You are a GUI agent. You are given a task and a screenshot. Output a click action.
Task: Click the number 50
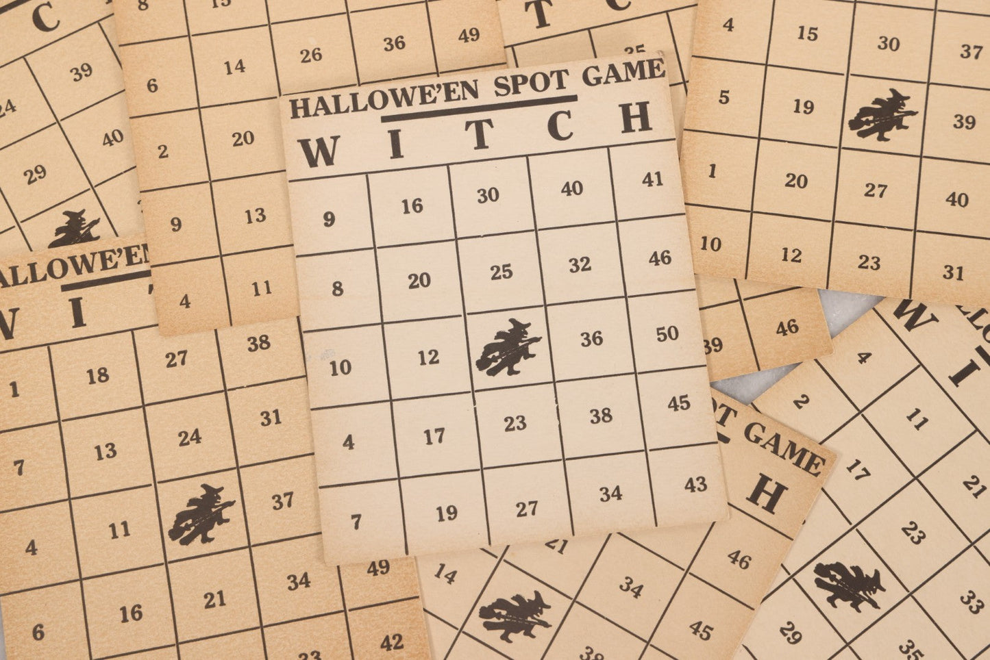coord(666,334)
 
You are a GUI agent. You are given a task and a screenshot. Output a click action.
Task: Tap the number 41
coord(652,179)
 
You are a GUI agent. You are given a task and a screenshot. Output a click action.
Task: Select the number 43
coord(695,485)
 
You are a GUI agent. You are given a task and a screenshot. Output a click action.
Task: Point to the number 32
coord(580,264)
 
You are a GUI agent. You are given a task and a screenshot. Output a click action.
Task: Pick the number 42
coord(391,642)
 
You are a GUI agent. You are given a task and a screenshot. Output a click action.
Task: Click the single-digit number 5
coord(724,97)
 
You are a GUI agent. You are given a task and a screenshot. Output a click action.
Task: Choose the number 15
coord(807,33)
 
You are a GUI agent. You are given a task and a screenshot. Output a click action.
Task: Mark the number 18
coord(97,375)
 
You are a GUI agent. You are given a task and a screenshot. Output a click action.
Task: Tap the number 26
coord(310,55)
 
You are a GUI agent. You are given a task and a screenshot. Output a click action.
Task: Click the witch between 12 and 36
coord(508,346)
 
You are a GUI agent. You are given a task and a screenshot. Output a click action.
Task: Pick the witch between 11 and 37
coord(201,513)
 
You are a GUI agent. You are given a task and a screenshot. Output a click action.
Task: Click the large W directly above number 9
coord(319,151)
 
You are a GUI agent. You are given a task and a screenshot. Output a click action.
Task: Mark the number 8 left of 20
coord(337,288)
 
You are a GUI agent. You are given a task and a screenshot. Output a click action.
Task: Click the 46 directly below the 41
coord(660,258)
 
